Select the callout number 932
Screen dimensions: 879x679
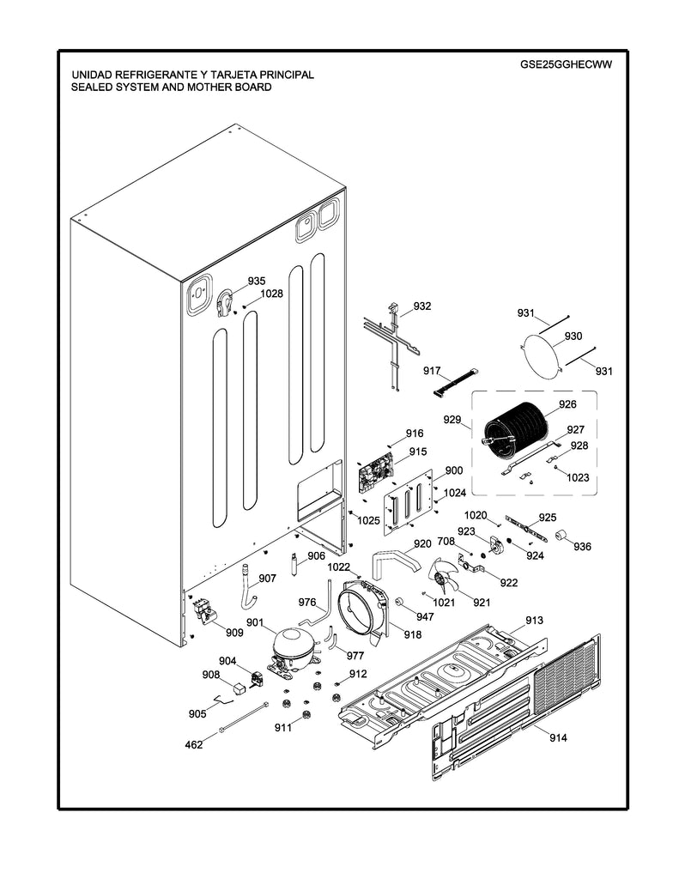point(422,306)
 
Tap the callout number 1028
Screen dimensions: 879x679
point(271,293)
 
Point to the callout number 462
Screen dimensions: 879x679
point(194,744)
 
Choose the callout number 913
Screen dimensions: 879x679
point(534,620)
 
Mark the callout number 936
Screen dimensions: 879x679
point(583,547)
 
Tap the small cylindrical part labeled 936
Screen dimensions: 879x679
point(563,536)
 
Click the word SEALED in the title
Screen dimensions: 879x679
point(92,87)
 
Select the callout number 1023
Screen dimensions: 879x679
point(577,478)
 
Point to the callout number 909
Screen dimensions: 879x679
point(234,633)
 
